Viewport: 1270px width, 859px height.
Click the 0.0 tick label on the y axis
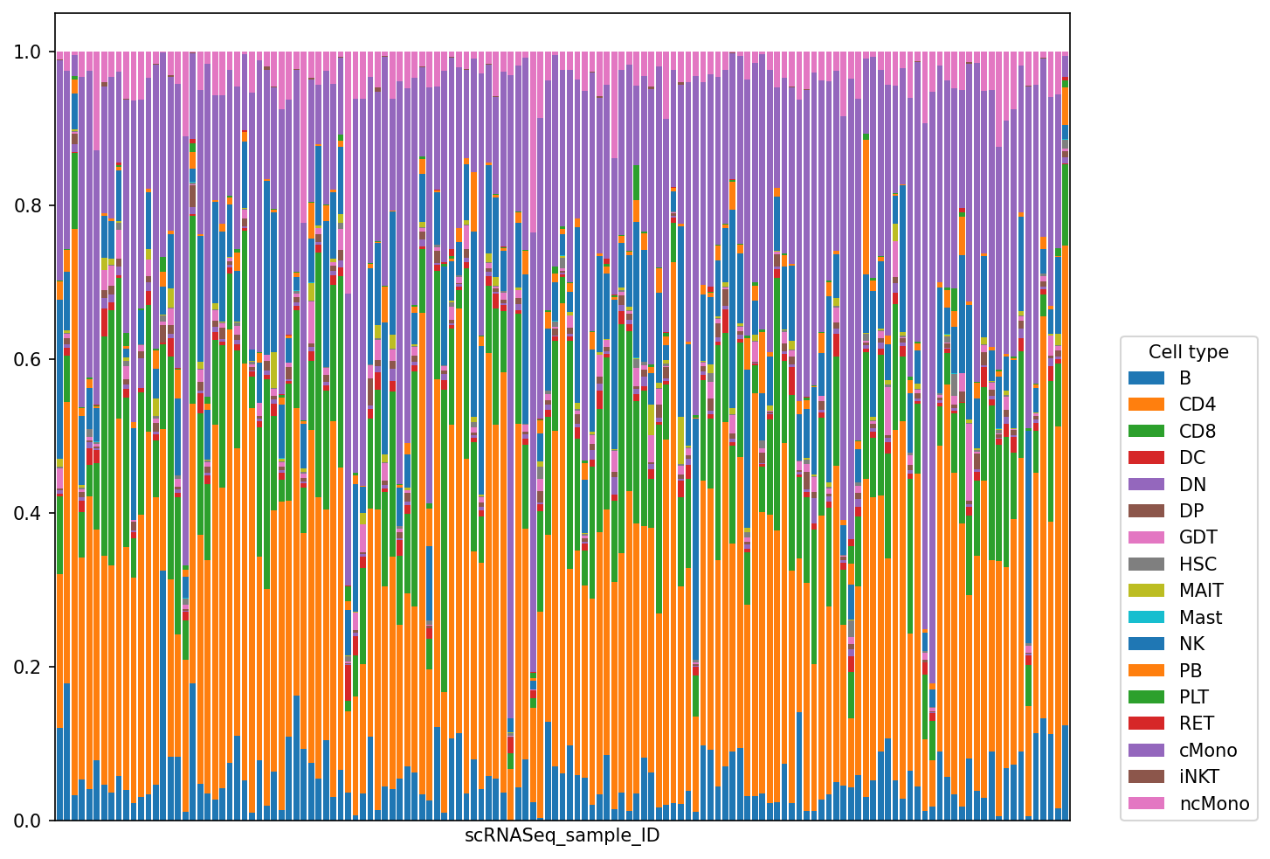[28, 821]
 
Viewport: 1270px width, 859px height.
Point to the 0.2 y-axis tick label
[28, 667]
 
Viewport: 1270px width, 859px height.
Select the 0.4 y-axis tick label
[28, 513]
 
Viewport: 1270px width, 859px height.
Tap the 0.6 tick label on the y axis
[28, 359]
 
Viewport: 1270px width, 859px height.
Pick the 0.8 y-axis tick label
[28, 205]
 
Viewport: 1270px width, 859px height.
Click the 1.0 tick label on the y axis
[28, 52]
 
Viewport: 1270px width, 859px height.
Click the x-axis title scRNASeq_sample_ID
[562, 835]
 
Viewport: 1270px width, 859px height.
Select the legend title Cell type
[1189, 352]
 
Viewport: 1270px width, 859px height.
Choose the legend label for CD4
[1198, 404]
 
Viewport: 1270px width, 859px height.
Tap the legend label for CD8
[1198, 431]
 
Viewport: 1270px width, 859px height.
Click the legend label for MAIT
[1201, 591]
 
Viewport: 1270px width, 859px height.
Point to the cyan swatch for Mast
[1146, 617]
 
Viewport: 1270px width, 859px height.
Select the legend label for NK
[1192, 644]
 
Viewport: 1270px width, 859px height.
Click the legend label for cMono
[1208, 750]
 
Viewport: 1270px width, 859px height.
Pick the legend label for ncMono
[1214, 803]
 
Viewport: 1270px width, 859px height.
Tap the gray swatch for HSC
[1146, 564]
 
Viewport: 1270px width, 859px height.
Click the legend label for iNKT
[1199, 777]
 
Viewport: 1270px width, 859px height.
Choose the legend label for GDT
[1198, 537]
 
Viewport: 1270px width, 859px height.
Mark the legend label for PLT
[1194, 696]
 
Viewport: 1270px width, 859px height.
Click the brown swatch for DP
[1146, 510]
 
